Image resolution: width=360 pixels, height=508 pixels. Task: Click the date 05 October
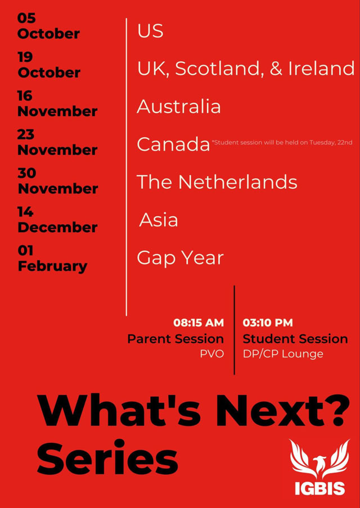[x=48, y=26]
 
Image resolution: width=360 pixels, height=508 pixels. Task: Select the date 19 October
[x=49, y=65]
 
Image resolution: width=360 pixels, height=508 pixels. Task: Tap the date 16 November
[x=57, y=103]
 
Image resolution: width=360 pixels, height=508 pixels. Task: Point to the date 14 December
[x=57, y=220]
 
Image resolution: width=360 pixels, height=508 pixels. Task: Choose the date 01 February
[x=52, y=258]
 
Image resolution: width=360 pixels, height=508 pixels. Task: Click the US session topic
[x=150, y=31]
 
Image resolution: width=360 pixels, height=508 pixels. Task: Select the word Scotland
[x=219, y=69]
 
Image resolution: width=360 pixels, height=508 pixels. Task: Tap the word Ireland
[x=321, y=69]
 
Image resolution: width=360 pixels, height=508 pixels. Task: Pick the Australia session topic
[x=179, y=107]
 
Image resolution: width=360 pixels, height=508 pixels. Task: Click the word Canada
[x=173, y=144]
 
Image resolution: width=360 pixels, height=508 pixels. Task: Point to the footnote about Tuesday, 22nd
[x=282, y=142]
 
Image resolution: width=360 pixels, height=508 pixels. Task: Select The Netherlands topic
[x=217, y=182]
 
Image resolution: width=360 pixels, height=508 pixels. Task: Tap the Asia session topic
[x=159, y=220]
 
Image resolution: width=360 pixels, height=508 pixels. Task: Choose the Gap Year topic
[x=181, y=258]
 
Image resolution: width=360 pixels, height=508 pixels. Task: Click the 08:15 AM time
[x=199, y=323]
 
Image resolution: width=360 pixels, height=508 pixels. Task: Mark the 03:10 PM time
[x=268, y=323]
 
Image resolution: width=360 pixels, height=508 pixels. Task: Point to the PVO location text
[x=212, y=354]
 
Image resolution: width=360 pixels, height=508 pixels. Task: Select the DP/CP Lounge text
[x=283, y=354]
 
